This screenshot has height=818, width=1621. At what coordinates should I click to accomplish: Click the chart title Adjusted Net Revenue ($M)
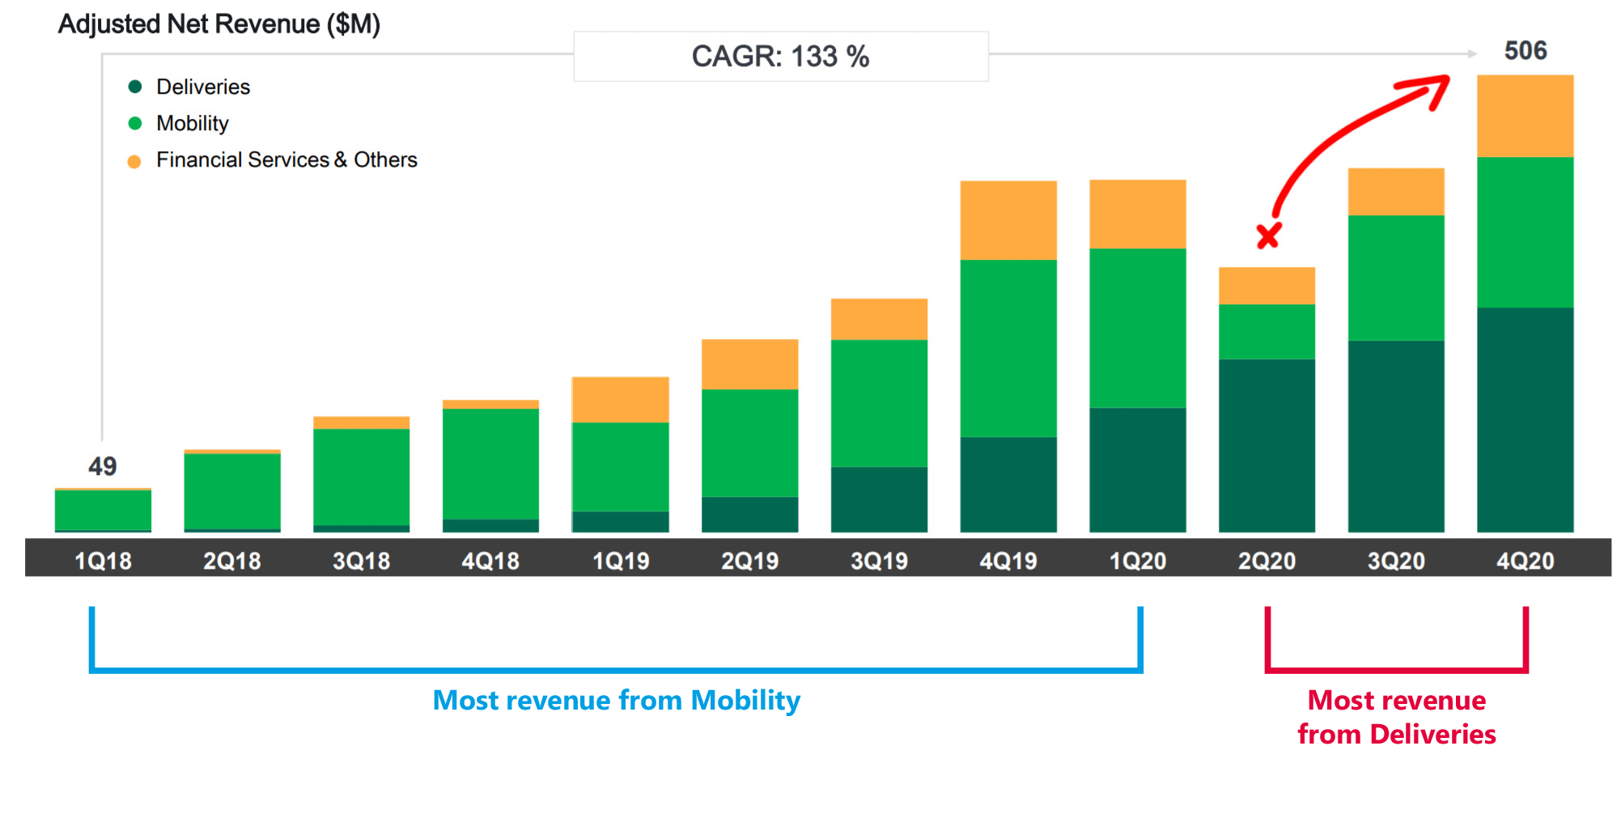pos(219,24)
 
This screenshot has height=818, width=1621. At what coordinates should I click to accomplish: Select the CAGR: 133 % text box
pos(780,57)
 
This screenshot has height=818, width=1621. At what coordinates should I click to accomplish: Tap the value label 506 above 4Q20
pos(1525,51)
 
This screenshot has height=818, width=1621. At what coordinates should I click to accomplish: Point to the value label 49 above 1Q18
pos(103,466)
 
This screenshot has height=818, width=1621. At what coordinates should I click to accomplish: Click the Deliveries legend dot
pos(135,87)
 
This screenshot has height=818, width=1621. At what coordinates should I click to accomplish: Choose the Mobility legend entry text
pos(193,123)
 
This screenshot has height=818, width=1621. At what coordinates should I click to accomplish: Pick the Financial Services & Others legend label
pos(286,159)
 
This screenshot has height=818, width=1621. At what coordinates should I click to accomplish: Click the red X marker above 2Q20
pos(1268,236)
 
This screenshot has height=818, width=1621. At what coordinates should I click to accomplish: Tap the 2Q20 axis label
pos(1267,561)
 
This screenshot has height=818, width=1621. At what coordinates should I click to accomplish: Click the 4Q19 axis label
pos(1008,561)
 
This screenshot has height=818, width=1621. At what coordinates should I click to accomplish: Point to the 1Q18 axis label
pos(103,561)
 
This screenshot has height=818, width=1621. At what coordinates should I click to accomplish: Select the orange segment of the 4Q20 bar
pos(1525,116)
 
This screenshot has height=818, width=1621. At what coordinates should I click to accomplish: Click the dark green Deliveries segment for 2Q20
pos(1267,445)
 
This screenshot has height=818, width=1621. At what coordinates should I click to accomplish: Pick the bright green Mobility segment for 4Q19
pos(1008,348)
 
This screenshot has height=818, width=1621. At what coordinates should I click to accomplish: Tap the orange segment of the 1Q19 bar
pos(620,400)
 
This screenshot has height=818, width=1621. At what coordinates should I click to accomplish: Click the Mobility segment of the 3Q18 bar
pos(361,477)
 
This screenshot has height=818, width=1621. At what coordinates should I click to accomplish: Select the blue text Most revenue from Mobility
pos(616,700)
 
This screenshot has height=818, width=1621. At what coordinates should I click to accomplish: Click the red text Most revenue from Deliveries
pos(1396,717)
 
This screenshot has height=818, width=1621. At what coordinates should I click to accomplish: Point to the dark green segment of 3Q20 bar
pos(1396,437)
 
